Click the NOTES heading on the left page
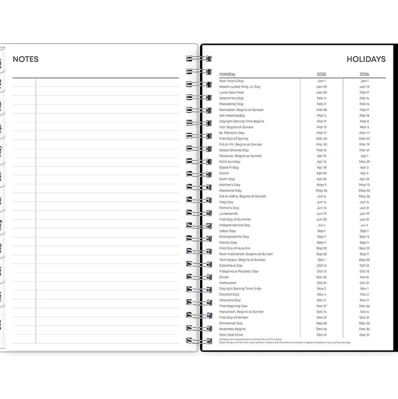25,59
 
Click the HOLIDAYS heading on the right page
366,59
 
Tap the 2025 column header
322,74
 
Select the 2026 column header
364,74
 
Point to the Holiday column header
227,74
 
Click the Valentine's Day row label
231,98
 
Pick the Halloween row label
228,283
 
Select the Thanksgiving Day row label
233,306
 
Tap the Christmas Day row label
231,323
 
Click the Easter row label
224,173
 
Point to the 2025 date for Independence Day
322,225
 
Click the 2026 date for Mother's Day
364,185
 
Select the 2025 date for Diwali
322,277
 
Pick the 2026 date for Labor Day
364,231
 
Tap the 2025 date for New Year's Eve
322,335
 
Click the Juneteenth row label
229,214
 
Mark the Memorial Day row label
231,191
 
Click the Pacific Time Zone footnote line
250,339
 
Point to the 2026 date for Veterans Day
364,300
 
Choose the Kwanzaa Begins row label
232,329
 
